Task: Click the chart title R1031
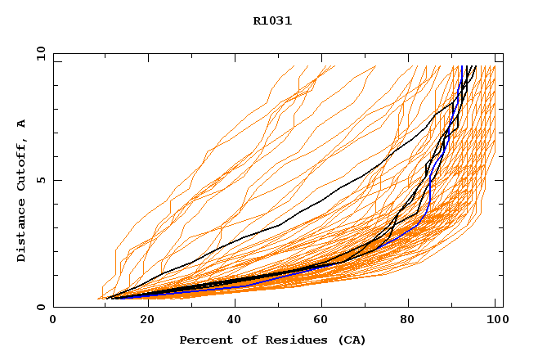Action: click(x=272, y=21)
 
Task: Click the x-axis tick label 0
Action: click(x=53, y=320)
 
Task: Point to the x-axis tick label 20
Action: click(x=141, y=320)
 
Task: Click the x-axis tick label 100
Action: click(x=495, y=320)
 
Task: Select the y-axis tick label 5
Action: click(x=40, y=180)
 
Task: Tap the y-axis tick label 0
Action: click(x=40, y=307)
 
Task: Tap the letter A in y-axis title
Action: click(x=22, y=124)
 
